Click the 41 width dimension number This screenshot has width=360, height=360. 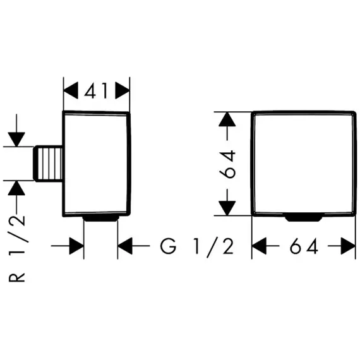point(96,91)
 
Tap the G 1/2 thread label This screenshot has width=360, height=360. point(197,246)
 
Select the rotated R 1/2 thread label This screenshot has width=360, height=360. point(17,249)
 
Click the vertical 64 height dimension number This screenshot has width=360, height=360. point(227,164)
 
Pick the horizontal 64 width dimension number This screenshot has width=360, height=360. point(304,246)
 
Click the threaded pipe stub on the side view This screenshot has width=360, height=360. point(48,163)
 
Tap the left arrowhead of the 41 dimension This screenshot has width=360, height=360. point(71,90)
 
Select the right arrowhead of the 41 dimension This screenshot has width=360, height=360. point(123,90)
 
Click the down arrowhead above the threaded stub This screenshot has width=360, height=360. point(16,140)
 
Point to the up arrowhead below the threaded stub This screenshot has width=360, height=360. point(16,188)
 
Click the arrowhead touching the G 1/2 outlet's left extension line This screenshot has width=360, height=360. point(76,246)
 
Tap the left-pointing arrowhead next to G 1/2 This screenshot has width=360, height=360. point(125,246)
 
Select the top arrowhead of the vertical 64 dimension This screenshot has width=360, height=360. point(227,119)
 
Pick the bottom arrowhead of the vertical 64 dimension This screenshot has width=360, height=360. point(227,208)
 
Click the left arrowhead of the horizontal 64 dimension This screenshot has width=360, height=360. point(259,246)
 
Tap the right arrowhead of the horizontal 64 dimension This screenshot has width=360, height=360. point(348,246)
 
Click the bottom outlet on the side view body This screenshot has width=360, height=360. point(100,219)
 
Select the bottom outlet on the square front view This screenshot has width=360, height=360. point(303,219)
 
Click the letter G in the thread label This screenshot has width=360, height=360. point(168,246)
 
